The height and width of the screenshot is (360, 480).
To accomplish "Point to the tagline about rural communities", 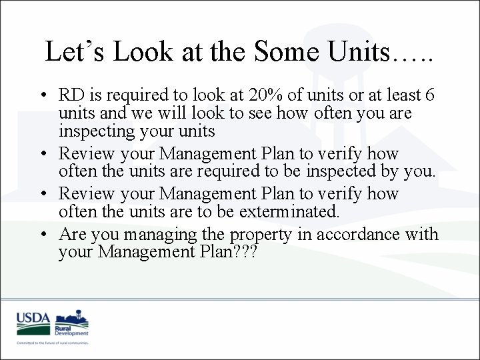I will [x=53, y=343].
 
